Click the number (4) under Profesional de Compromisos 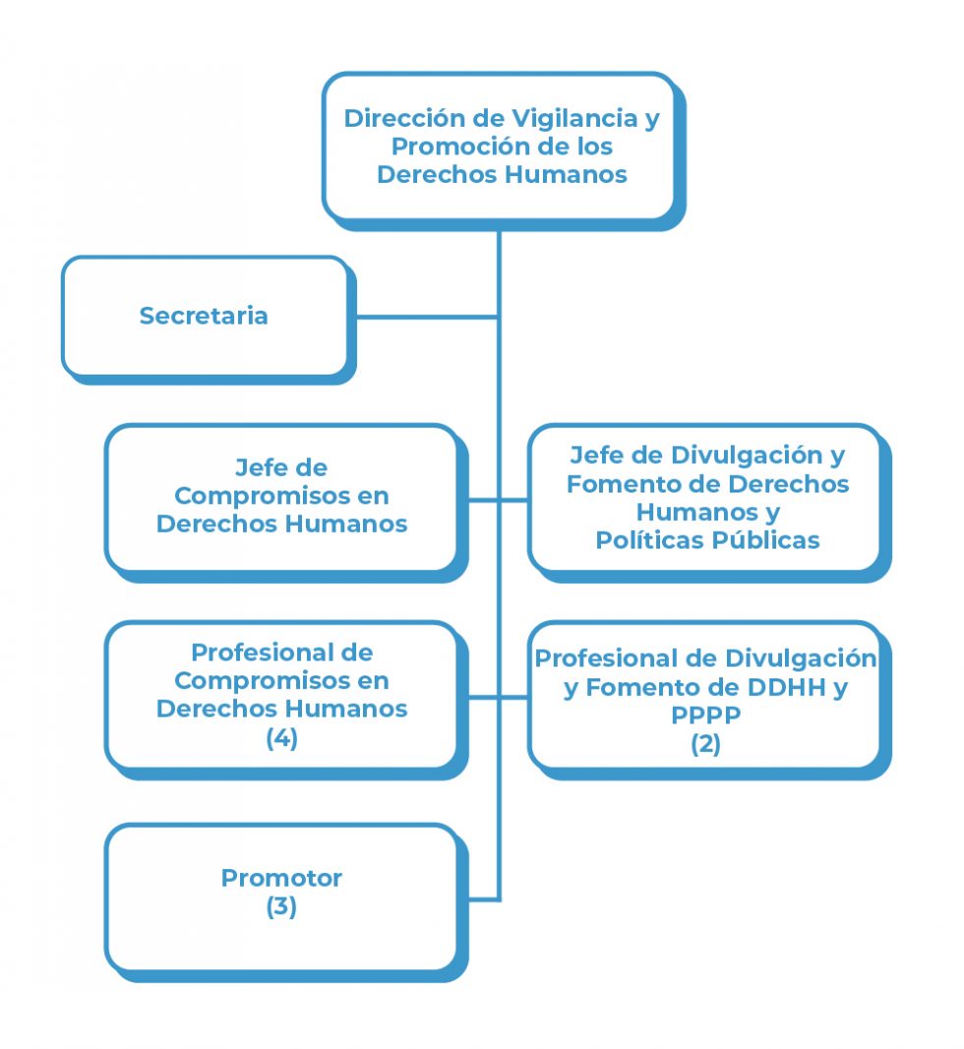[281, 737]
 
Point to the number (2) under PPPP [705, 743]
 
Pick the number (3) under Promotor [281, 906]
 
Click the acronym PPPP [705, 716]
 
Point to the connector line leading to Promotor [482, 899]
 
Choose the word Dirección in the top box [405, 119]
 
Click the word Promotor [281, 878]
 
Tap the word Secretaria [204, 316]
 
